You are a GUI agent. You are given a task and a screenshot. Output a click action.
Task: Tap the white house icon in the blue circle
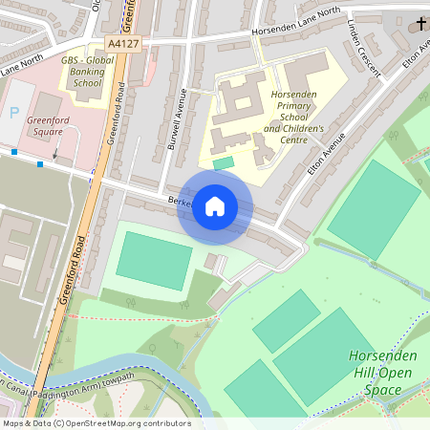click(215, 206)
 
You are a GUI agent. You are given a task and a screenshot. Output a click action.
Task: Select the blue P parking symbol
click(13, 113)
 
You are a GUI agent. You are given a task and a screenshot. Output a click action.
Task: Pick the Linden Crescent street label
click(365, 42)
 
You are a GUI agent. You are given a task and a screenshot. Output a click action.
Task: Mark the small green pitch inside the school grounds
click(223, 164)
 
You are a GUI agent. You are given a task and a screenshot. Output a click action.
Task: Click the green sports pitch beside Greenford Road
click(154, 260)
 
